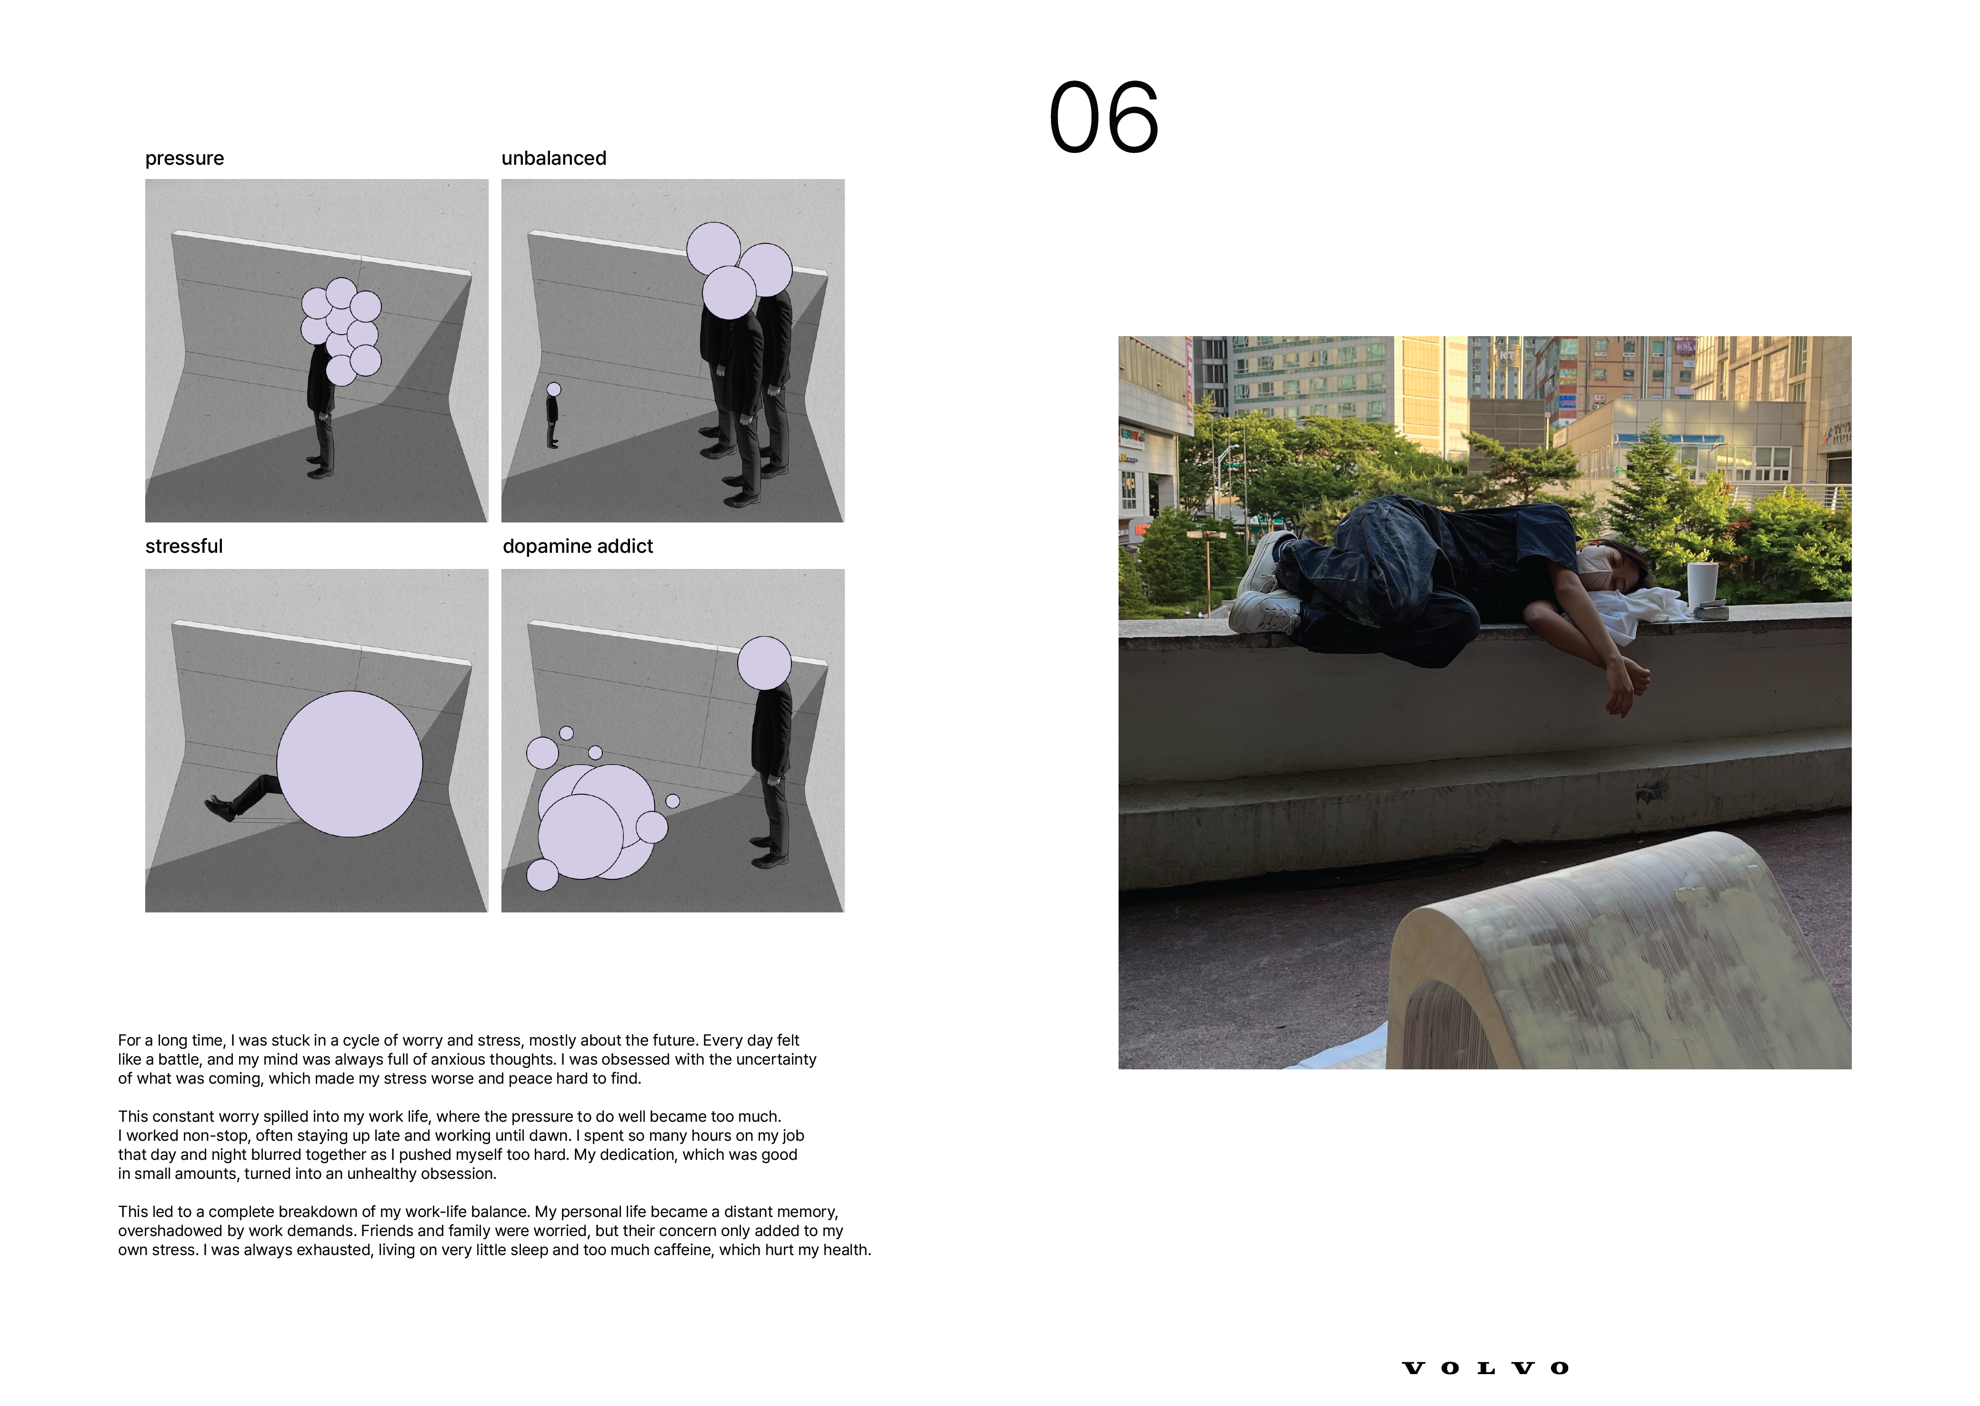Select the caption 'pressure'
(184, 159)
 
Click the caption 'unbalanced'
(554, 159)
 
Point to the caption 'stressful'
(183, 546)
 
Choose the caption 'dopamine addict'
(578, 546)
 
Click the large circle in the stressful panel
(350, 764)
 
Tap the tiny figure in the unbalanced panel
(552, 416)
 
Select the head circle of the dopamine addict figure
(764, 663)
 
